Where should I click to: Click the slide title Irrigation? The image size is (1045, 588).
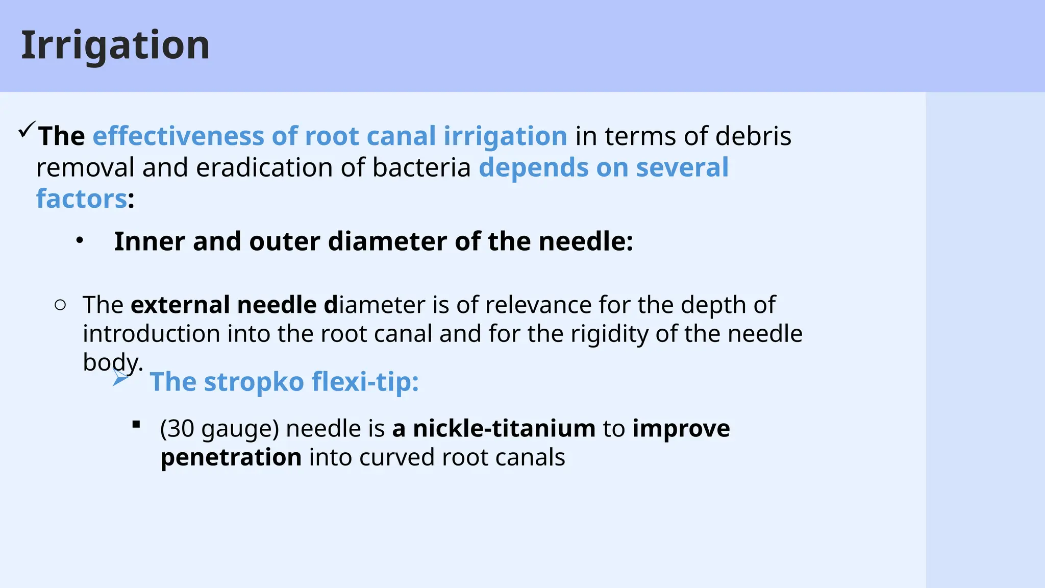point(115,45)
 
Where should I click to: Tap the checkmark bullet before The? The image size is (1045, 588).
point(27,130)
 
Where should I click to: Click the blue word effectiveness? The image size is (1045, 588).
point(178,136)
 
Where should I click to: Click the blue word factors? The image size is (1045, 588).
point(81,199)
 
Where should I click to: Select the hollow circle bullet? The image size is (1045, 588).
point(60,305)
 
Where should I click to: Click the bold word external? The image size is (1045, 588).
point(180,305)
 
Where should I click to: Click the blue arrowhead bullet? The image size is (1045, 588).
point(120,378)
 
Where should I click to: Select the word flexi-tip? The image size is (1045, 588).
point(365,382)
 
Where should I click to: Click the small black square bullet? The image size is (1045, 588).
point(136,424)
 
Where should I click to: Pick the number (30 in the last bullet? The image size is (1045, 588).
point(177,429)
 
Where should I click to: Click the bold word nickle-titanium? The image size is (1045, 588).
point(504,428)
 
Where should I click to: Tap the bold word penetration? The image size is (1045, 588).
point(231,457)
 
